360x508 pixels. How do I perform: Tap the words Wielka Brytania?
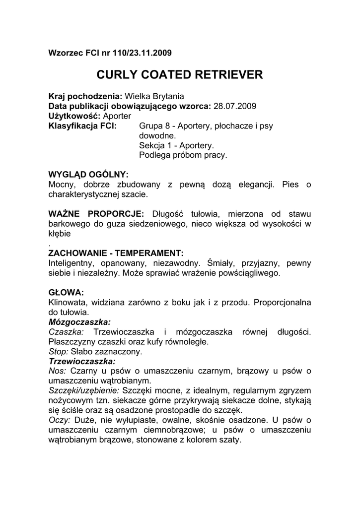click(x=154, y=96)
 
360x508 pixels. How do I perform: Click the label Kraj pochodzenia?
click(x=85, y=96)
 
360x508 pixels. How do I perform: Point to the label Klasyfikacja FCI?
click(x=82, y=126)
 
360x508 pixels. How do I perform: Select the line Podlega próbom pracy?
click(x=183, y=155)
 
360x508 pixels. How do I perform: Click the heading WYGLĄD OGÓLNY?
click(x=88, y=175)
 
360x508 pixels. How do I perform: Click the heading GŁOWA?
click(x=66, y=291)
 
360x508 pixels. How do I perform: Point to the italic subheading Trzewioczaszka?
click(x=82, y=361)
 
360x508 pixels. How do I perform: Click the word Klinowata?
click(x=69, y=302)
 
